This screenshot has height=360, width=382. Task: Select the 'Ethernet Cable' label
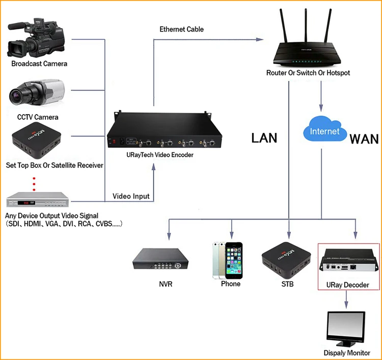[181, 29]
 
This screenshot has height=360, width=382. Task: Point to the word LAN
[264, 138]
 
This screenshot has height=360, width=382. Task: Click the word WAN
[364, 139]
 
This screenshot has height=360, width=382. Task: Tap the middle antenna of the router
[306, 25]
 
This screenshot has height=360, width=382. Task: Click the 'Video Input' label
[131, 196]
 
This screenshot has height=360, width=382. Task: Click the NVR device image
[160, 259]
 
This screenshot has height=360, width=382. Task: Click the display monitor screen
[346, 327]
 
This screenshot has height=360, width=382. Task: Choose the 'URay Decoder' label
[348, 285]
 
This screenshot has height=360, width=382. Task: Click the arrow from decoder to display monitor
[346, 299]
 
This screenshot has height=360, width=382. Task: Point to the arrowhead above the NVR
[169, 236]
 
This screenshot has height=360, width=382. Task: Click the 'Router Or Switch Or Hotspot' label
[308, 73]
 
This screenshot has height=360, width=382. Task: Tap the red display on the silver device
[26, 203]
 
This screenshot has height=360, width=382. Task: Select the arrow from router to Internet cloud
[321, 96]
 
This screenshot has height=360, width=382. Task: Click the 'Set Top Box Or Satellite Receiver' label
[54, 165]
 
